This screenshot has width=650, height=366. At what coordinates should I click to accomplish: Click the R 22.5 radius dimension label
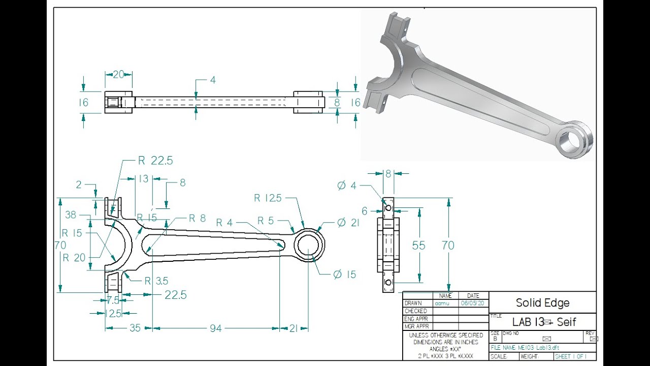155,161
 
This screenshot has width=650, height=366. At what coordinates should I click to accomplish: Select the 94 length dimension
216,328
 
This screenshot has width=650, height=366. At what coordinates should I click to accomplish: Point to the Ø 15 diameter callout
345,274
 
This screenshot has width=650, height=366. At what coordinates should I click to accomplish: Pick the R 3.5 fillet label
156,281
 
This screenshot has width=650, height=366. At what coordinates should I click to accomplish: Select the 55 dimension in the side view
418,246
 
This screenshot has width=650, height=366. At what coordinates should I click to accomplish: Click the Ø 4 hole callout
347,186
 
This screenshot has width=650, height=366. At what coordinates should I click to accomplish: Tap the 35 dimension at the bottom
135,328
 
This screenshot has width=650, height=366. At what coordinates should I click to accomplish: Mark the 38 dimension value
71,215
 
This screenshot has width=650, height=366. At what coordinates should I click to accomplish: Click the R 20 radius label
74,258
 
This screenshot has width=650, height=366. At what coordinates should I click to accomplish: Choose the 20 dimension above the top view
118,75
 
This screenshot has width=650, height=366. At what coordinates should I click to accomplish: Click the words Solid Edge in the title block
542,303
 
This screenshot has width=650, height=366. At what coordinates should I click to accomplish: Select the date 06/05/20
472,303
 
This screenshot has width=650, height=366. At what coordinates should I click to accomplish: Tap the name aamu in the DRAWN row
442,303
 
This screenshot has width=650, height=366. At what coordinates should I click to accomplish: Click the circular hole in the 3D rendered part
568,141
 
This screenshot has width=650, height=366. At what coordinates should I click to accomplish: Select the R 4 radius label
224,223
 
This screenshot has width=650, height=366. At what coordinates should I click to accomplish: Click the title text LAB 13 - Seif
544,322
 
